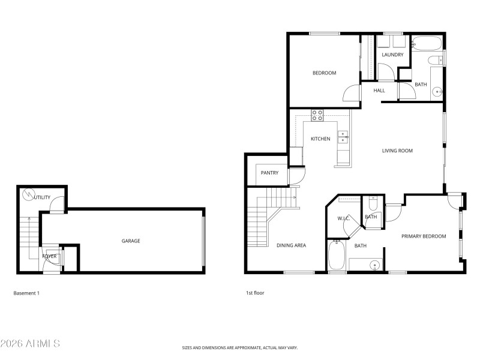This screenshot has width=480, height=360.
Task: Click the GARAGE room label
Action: [131, 241]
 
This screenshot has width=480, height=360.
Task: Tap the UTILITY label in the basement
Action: [43, 197]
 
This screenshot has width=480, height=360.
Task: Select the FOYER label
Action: [49, 256]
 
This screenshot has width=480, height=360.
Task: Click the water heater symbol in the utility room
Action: [28, 194]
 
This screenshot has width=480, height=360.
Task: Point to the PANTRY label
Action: [269, 173]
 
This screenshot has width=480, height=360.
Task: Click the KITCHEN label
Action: [320, 139]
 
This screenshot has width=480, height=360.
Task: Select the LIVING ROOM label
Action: [397, 151]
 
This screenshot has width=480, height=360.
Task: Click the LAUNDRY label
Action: [392, 55]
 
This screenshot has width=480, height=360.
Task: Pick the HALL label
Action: [379, 91]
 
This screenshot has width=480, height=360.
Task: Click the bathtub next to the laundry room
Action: [427, 44]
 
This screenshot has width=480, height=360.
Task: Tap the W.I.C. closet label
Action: [344, 218]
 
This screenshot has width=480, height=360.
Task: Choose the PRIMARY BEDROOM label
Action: [424, 236]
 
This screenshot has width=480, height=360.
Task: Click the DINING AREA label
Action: [292, 245]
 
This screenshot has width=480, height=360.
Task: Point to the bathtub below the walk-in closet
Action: [336, 256]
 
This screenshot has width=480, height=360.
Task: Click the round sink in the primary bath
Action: [375, 265]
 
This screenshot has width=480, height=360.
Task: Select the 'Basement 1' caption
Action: [26, 293]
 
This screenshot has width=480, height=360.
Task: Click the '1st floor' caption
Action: [254, 293]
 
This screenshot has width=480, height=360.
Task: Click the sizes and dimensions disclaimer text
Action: [240, 347]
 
